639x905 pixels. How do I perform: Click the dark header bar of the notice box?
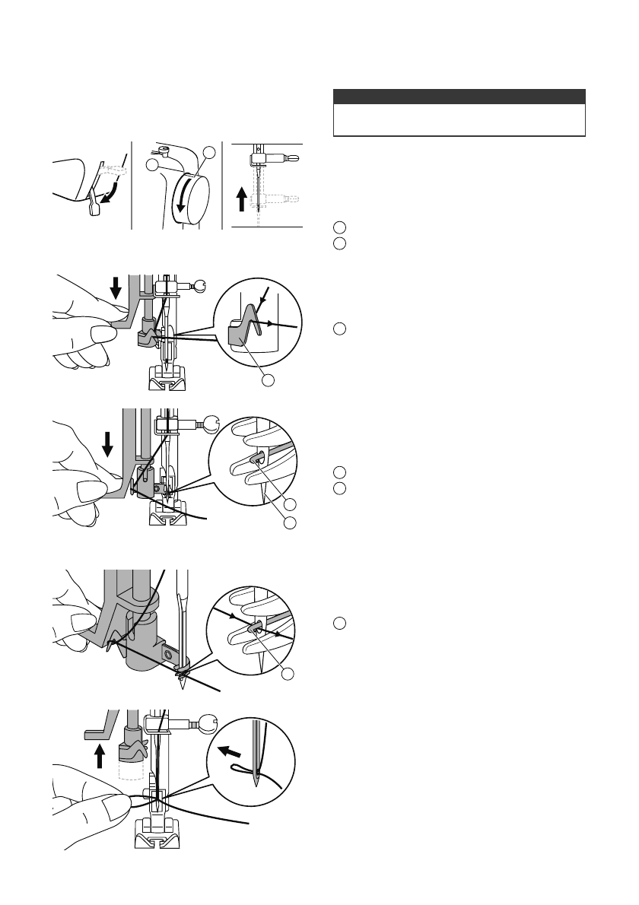459,97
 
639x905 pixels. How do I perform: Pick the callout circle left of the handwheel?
152,165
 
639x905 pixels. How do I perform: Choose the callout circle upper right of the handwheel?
210,154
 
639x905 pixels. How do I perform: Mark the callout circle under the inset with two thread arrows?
287,675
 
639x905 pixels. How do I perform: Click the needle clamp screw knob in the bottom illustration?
208,723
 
